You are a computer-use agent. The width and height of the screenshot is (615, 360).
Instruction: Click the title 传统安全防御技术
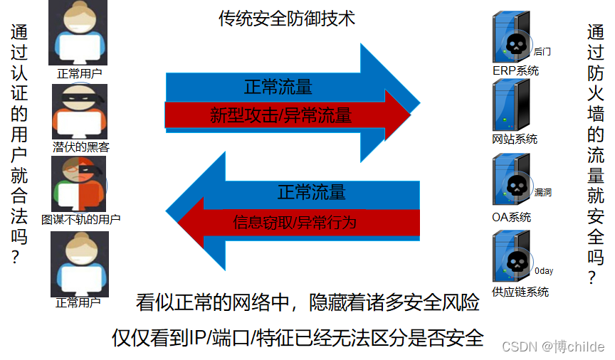click(x=286, y=19)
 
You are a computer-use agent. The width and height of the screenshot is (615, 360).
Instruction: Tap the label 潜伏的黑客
click(x=81, y=147)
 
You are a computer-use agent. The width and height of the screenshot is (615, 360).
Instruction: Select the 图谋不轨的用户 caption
click(x=80, y=219)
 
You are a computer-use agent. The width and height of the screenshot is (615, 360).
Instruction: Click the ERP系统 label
click(x=515, y=70)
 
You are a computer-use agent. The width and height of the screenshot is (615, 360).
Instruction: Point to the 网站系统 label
click(x=515, y=139)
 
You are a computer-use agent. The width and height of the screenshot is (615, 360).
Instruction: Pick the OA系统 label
click(x=511, y=217)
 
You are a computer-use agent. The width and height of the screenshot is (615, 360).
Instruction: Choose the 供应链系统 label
click(x=520, y=292)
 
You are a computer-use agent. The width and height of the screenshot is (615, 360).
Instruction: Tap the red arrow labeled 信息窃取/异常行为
click(x=295, y=223)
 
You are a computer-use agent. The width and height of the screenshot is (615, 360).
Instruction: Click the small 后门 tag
click(x=542, y=51)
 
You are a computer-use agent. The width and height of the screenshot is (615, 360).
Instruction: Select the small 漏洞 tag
click(x=543, y=192)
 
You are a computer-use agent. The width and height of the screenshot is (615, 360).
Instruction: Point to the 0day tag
click(x=544, y=271)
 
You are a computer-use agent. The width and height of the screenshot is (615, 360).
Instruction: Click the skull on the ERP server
click(x=515, y=45)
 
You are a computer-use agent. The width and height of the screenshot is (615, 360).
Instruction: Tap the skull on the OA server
click(x=515, y=186)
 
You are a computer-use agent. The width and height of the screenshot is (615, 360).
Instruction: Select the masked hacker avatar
click(x=79, y=112)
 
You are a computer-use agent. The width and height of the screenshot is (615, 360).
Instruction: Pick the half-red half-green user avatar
click(x=79, y=184)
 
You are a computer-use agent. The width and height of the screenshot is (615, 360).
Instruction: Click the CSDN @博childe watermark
click(x=553, y=346)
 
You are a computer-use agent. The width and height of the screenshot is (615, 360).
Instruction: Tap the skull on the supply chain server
click(x=515, y=263)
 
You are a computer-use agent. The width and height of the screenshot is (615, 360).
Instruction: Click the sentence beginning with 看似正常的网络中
click(x=307, y=303)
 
